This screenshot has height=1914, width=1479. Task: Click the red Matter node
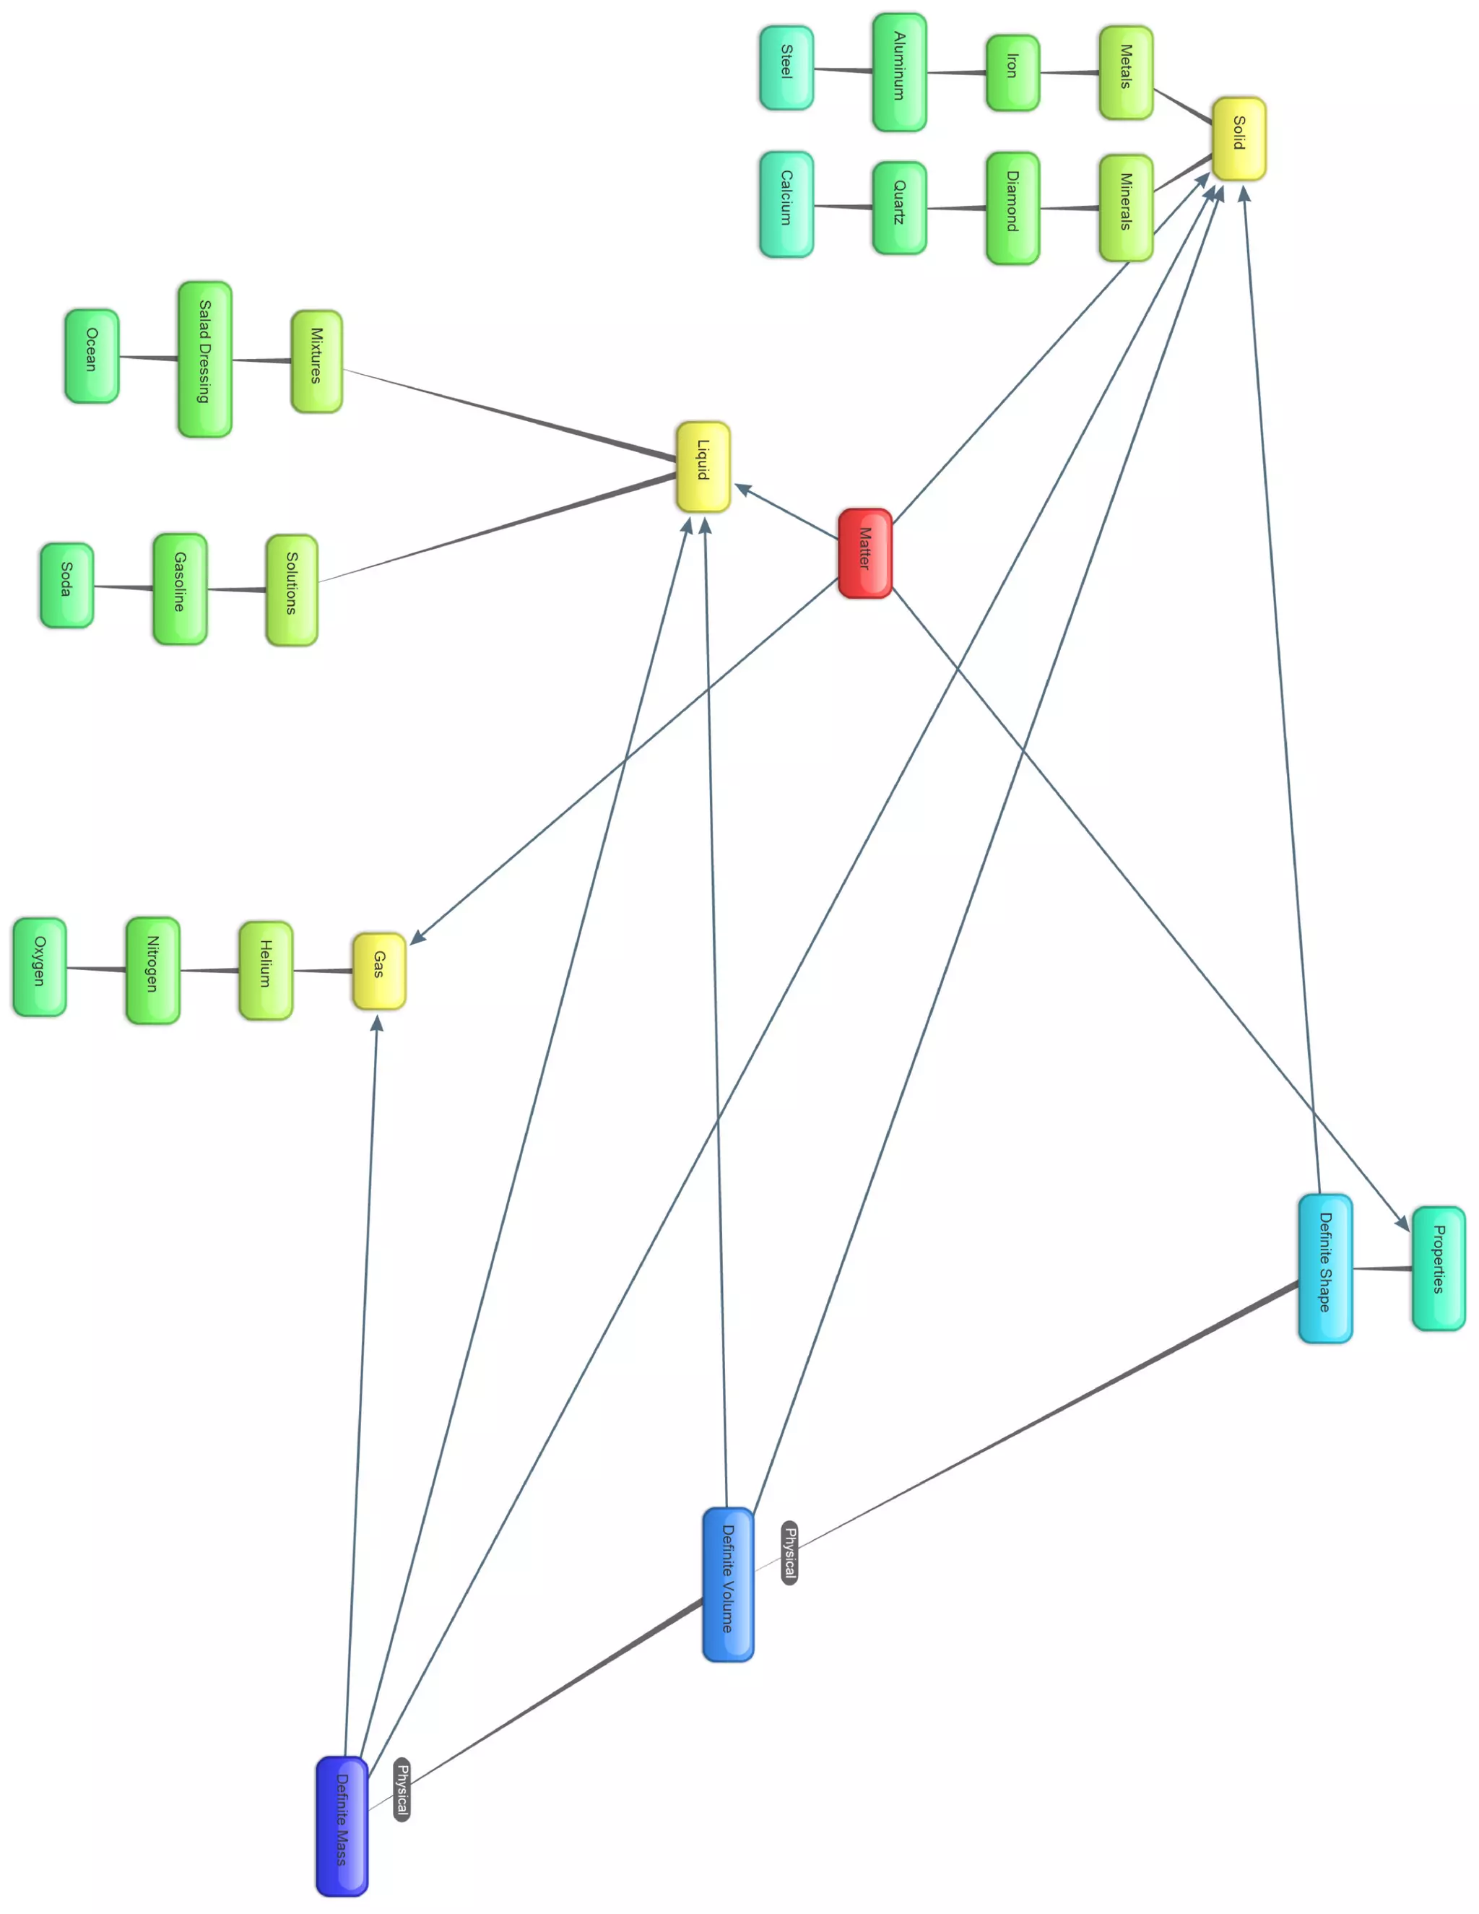tap(864, 553)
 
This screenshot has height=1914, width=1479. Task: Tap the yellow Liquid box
tap(703, 467)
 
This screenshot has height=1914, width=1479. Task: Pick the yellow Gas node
tap(378, 970)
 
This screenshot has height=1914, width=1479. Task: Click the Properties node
tap(1438, 1268)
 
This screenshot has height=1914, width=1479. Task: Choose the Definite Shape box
tap(1324, 1268)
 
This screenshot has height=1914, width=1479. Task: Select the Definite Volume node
tap(728, 1584)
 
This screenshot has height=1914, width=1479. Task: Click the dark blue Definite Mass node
tap(342, 1825)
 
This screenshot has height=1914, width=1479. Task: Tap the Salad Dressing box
tap(204, 359)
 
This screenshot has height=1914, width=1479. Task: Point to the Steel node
tap(786, 67)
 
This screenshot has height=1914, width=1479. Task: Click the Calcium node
tap(786, 204)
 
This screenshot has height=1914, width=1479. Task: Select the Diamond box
tap(1012, 208)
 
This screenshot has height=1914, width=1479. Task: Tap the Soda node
tap(66, 584)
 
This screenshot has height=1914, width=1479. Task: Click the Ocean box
tap(91, 356)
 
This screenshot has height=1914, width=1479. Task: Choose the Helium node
tap(266, 970)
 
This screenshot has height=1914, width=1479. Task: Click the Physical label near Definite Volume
tap(789, 1552)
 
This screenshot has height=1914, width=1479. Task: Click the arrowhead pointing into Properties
tap(1401, 1221)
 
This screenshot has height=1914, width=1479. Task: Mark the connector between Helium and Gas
tap(322, 970)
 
